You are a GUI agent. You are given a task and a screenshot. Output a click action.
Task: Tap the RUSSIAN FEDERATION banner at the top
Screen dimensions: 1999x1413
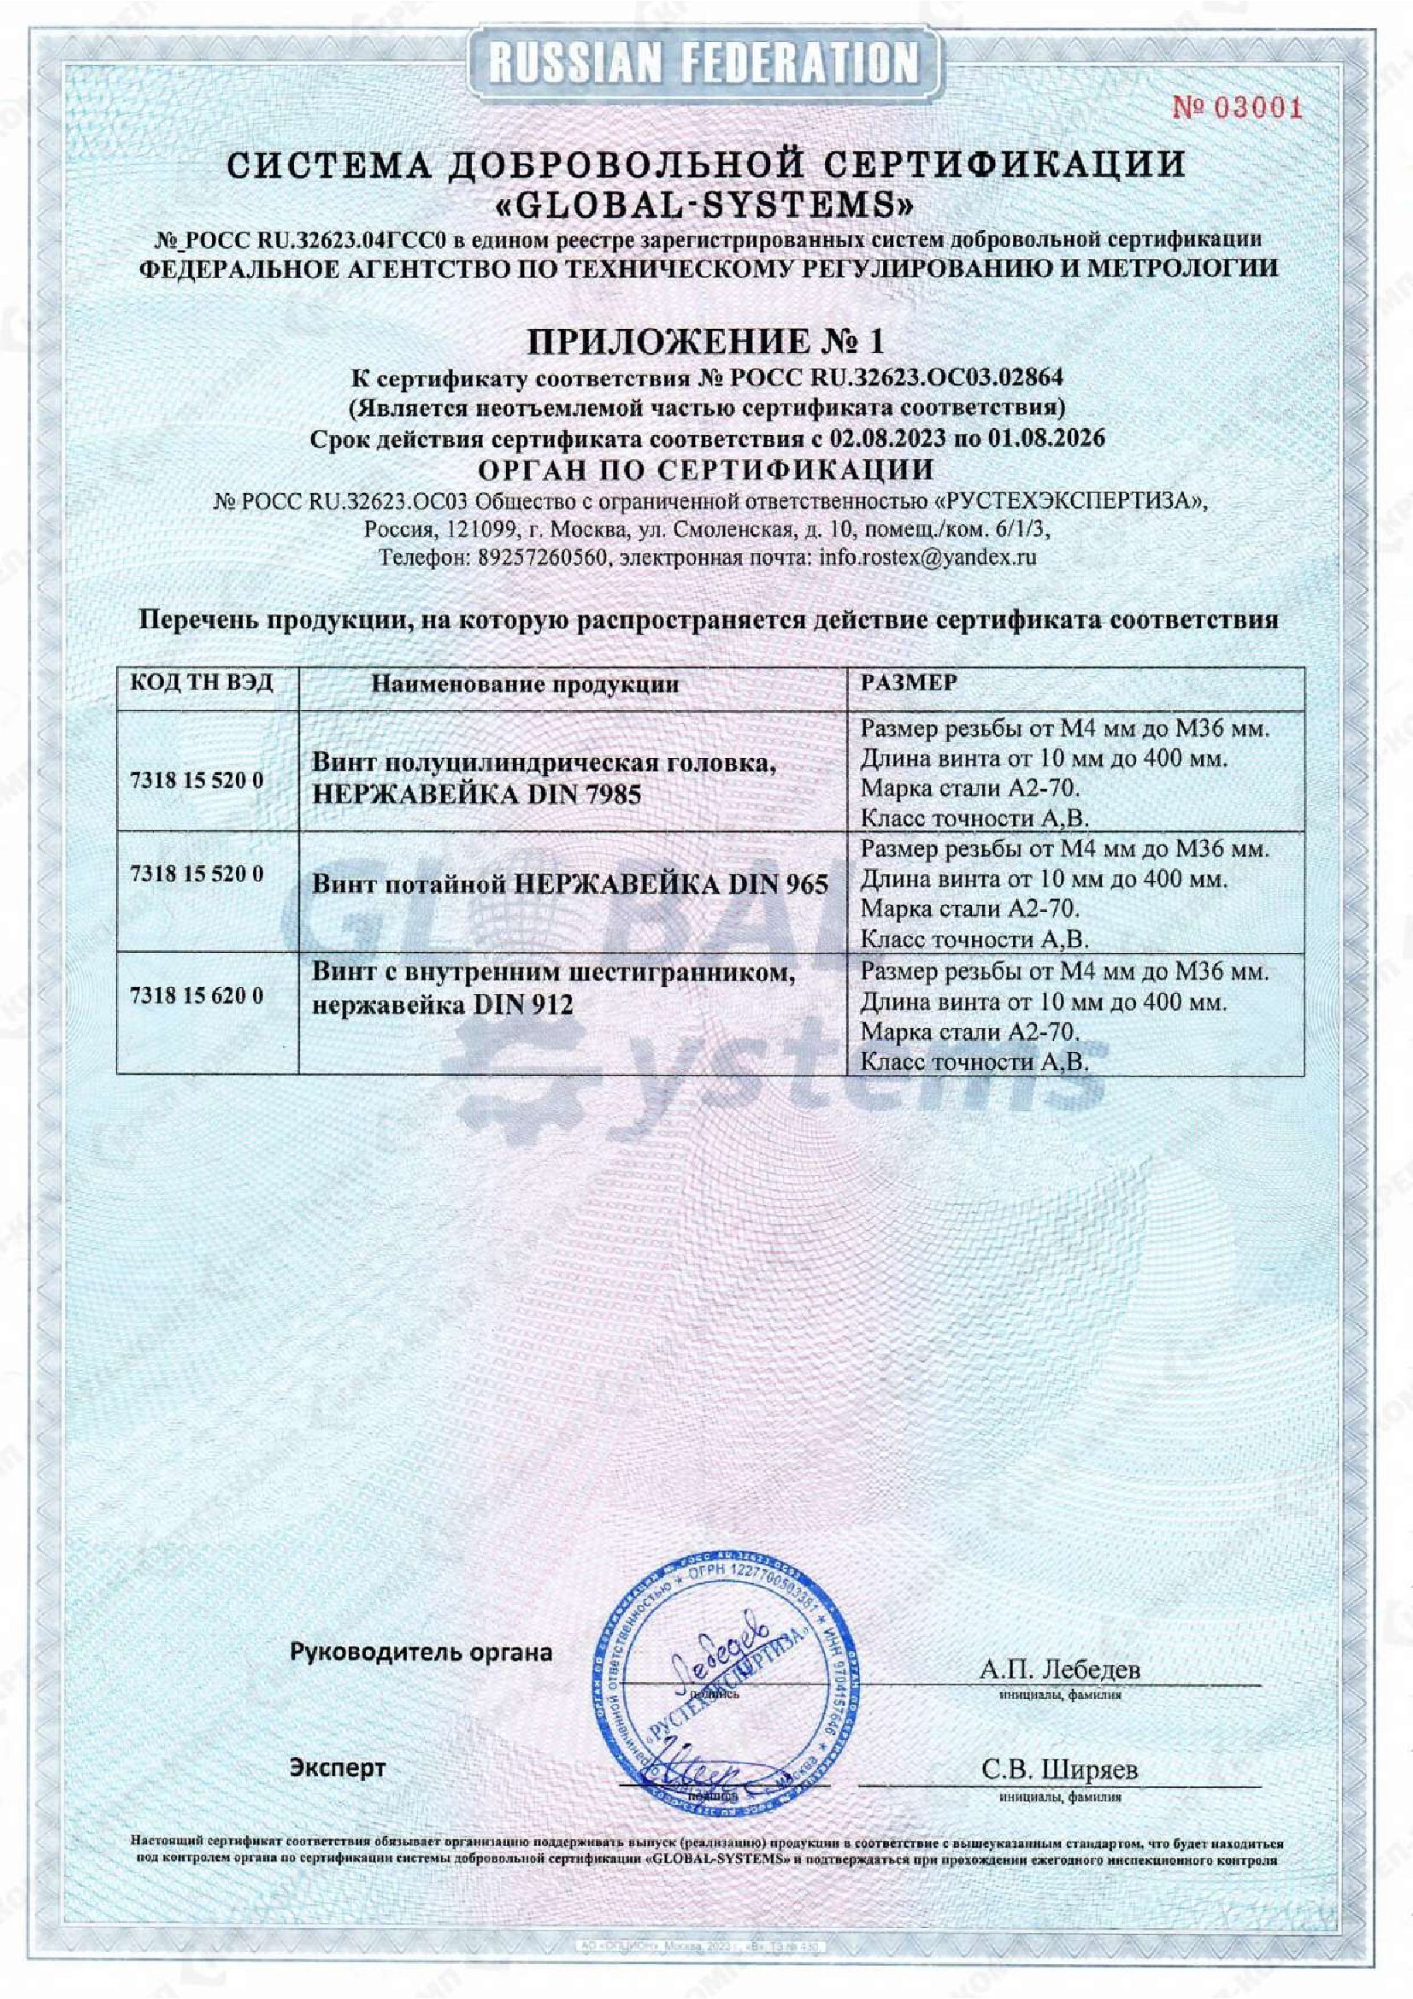coord(706,63)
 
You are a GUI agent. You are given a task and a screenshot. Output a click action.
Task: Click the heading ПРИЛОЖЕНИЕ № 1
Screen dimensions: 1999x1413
coord(706,342)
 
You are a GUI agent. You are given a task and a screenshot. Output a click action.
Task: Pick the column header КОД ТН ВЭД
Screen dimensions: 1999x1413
coord(201,683)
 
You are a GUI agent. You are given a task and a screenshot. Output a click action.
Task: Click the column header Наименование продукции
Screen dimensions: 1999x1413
coord(525,684)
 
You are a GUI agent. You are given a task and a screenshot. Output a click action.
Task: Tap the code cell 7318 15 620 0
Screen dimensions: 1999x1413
coord(196,995)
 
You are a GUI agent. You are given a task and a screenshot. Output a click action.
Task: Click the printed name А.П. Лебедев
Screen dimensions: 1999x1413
coord(1059,1670)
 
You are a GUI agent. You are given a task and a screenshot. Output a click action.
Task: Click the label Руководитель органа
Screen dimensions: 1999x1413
coord(421,1653)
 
